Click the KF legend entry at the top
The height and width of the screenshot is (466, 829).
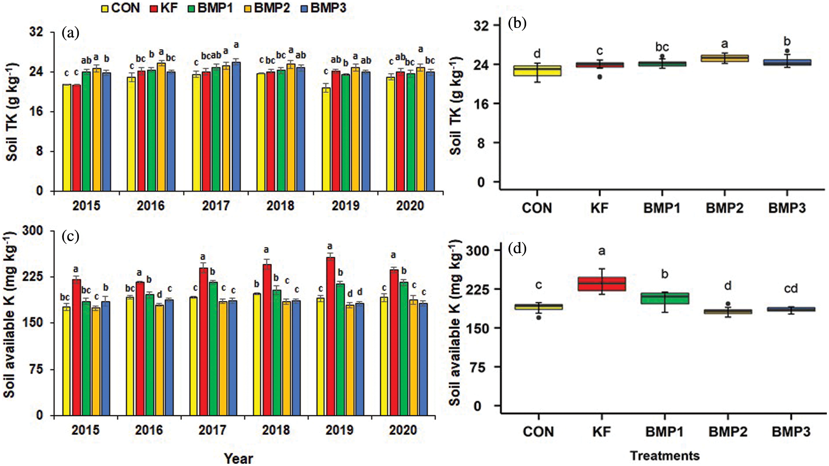164,8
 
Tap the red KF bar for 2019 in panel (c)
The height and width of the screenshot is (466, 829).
331,336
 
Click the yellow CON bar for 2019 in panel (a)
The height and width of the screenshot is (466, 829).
326,139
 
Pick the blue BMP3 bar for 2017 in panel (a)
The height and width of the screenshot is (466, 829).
236,127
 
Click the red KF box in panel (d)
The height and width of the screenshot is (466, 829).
602,284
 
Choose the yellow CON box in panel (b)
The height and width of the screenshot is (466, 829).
537,71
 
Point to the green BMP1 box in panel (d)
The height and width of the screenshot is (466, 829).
665,299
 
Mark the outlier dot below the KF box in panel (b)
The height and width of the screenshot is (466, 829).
600,77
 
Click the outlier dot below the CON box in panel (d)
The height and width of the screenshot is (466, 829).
539,318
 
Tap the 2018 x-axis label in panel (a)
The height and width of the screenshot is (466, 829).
280,206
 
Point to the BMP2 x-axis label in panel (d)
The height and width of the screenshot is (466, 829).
727,432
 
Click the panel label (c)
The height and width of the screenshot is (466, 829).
71,236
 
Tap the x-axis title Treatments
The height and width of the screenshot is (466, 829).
665,456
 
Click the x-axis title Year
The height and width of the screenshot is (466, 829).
238,459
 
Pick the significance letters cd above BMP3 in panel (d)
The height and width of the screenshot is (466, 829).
790,289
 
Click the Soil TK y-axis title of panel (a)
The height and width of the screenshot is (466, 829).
12,111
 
